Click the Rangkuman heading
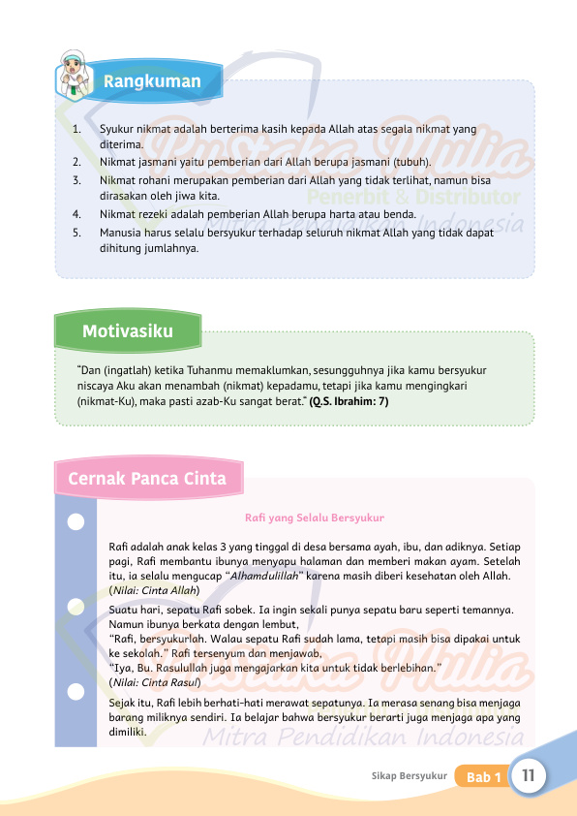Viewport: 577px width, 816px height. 152,81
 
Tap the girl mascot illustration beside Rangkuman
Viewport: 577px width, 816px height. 74,74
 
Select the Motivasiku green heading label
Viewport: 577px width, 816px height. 128,331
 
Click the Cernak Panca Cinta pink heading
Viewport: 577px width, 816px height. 147,479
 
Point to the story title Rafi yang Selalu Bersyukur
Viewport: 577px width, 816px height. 315,518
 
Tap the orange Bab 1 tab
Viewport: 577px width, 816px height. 483,777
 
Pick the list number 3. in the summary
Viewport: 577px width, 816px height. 76,180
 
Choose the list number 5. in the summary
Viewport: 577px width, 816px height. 76,233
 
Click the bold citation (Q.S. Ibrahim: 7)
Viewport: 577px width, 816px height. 349,400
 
